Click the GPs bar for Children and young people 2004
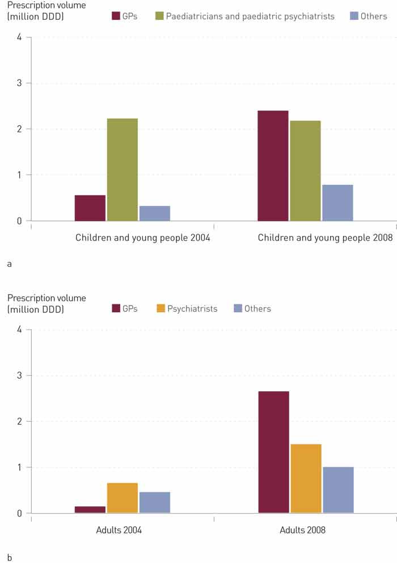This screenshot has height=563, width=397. [90, 208]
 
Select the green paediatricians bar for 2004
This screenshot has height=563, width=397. [122, 170]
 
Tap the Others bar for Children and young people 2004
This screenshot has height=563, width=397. [155, 213]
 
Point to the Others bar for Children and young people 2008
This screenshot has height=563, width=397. [337, 202]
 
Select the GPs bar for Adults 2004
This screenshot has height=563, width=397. [90, 510]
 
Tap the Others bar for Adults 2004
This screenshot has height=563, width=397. [155, 502]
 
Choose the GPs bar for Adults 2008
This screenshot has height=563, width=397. [273, 452]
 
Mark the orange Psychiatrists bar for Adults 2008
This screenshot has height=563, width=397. [306, 479]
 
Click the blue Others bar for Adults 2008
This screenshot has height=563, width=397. [338, 490]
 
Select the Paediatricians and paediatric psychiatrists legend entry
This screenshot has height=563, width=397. [250, 16]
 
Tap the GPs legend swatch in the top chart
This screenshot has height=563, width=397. [116, 16]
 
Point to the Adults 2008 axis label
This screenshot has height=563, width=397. [303, 531]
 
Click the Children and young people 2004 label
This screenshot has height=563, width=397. [143, 238]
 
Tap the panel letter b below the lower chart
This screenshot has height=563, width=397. [10, 557]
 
